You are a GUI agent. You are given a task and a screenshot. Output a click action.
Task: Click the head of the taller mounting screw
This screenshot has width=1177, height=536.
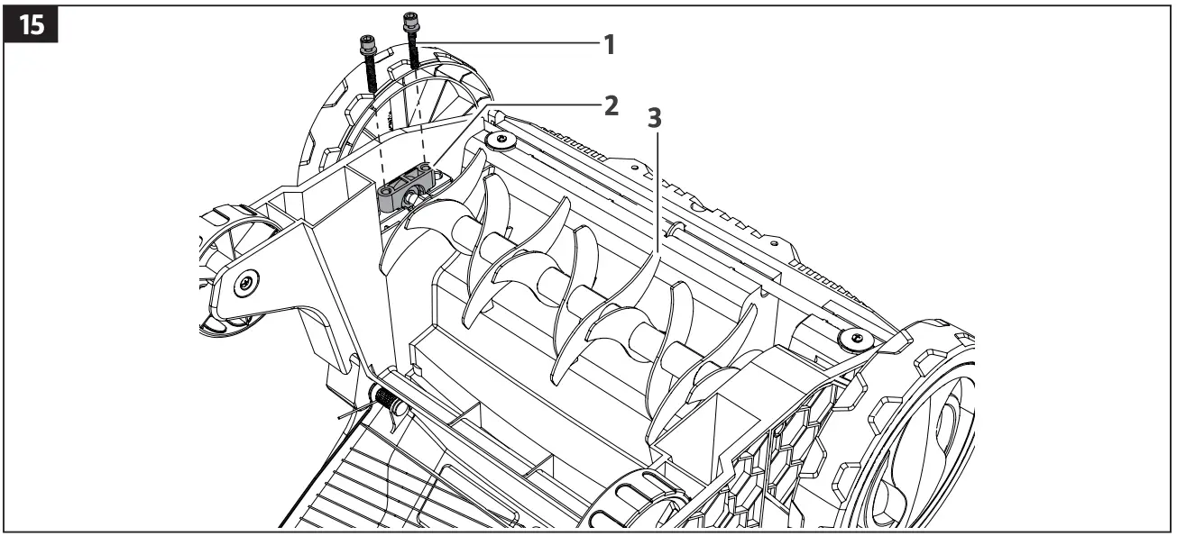point(412,19)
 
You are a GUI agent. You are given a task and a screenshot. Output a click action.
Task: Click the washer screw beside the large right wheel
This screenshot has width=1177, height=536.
point(853,339)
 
